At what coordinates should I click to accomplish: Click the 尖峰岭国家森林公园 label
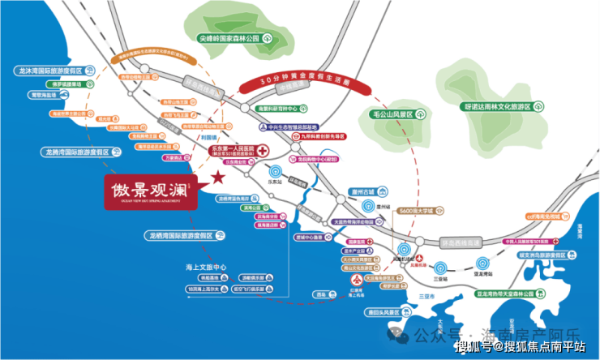tap(234, 37)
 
